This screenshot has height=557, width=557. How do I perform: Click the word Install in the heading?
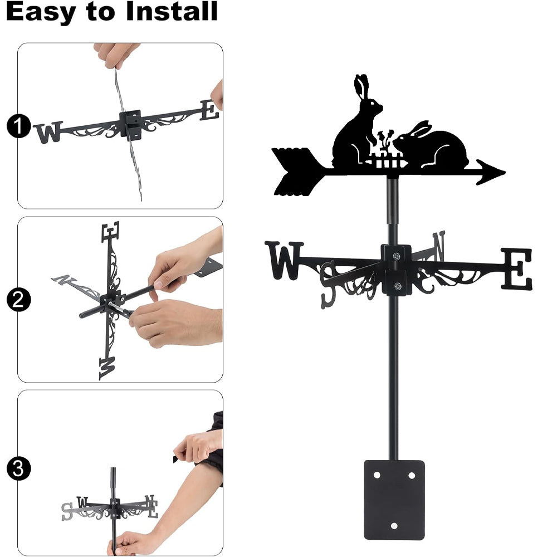coord(172,11)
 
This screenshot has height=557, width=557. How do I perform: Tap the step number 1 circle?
coord(19,126)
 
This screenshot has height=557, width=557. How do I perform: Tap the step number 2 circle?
coord(19,300)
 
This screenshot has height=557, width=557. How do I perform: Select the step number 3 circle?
coord(19,468)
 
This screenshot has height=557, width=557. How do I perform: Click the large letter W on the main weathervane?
coord(284,260)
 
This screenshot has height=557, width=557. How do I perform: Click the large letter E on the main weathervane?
coord(517,269)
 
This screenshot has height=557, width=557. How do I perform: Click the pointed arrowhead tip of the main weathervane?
coord(505,173)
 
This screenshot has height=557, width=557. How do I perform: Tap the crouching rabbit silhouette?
coord(431,145)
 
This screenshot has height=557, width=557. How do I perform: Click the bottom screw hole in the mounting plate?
coord(394,526)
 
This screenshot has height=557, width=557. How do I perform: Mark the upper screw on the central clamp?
coord(397,256)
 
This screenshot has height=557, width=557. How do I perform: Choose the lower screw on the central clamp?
coord(398,286)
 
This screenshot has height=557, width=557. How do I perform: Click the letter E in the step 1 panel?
coord(209,110)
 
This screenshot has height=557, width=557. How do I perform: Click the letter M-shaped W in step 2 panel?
coord(108,368)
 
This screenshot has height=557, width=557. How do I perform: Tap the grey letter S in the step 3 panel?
coord(67,511)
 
